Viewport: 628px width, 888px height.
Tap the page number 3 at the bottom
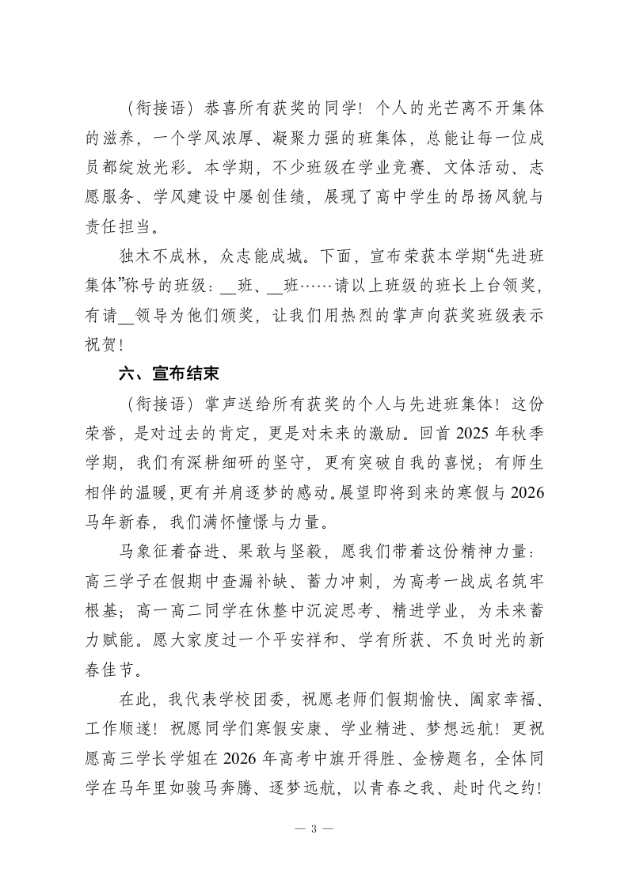tap(314, 829)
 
